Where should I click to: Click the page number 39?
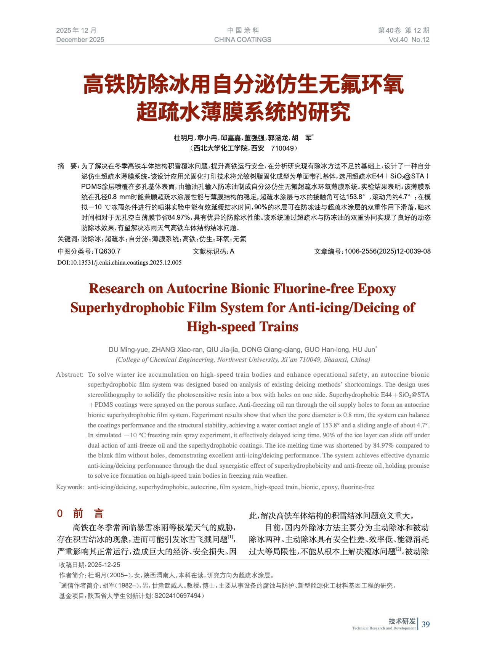coord(426,624)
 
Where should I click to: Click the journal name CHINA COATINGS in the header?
coord(242,40)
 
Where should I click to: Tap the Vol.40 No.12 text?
coord(409,40)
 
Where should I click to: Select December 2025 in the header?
coord(80,40)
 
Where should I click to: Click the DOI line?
coord(119,263)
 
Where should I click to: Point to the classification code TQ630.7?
coord(107,251)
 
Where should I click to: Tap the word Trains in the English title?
coord(279,327)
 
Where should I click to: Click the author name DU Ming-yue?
coord(128,350)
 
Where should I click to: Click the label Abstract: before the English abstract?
coord(70,374)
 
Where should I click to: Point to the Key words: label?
coord(70,487)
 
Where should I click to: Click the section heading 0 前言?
coord(80,514)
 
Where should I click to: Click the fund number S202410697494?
coord(178,596)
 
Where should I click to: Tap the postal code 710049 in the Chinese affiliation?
coord(282,148)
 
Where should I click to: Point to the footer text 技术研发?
coord(402,621)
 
